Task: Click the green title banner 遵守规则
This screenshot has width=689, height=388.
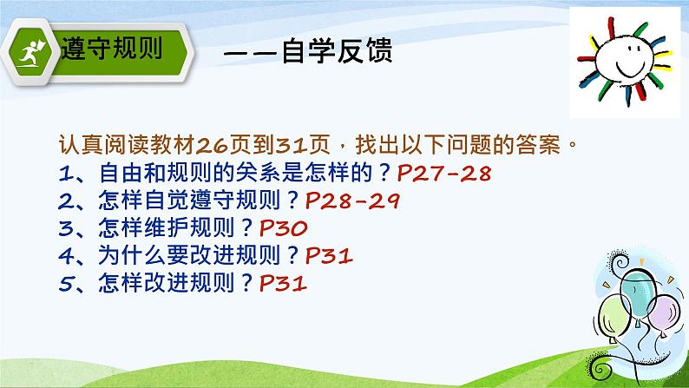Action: [113, 50]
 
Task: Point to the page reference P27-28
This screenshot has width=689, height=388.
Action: [443, 173]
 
